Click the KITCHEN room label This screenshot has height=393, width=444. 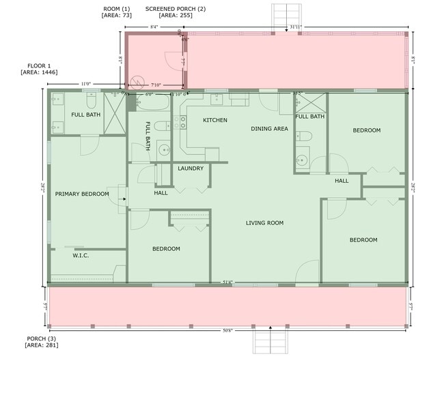[215, 121]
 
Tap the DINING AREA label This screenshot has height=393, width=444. [269, 128]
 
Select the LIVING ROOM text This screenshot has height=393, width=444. [264, 223]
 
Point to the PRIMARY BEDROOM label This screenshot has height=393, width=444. [82, 194]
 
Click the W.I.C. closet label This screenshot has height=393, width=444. [81, 256]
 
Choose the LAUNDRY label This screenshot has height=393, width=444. [191, 169]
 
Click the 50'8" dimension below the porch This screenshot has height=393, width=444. [227, 330]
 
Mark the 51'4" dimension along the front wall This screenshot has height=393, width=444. [227, 282]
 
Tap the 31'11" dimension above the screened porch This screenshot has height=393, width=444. [296, 27]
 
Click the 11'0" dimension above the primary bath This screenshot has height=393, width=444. [86, 84]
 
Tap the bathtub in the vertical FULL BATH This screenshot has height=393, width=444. [153, 103]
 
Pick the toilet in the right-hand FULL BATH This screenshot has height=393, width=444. [304, 136]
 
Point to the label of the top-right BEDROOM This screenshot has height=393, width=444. [366, 130]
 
